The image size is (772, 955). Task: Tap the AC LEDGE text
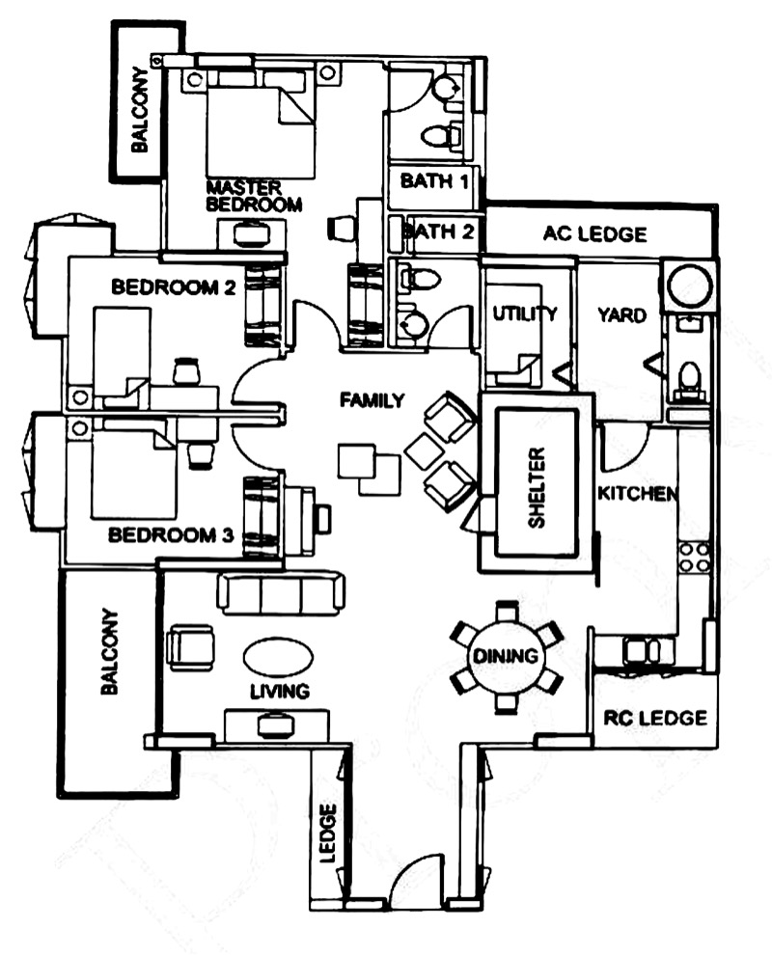tap(594, 233)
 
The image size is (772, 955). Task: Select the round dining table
tap(505, 657)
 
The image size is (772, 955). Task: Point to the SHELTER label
tap(538, 487)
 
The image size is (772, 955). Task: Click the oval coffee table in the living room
tap(278, 658)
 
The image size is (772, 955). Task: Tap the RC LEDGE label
tap(655, 718)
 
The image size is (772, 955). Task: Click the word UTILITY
tap(525, 314)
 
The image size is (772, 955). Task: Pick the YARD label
tap(621, 315)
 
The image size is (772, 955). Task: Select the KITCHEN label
tap(637, 493)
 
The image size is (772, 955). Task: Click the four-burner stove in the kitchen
tap(695, 557)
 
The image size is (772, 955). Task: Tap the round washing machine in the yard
tap(689, 286)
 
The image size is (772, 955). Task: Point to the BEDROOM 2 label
tap(175, 286)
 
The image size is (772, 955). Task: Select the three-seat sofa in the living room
tap(281, 592)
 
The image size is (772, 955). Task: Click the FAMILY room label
tap(372, 400)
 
